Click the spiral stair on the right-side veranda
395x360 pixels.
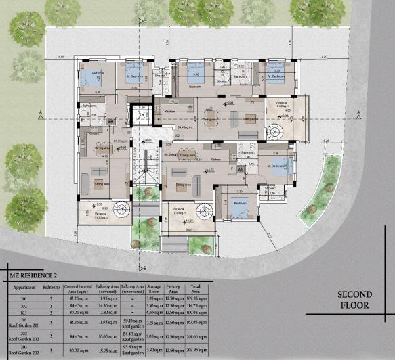[x=276, y=129]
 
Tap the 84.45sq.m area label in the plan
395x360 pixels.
[x=184, y=127]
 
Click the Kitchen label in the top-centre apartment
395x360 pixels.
[x=170, y=112]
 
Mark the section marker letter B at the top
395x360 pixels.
[x=144, y=21]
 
